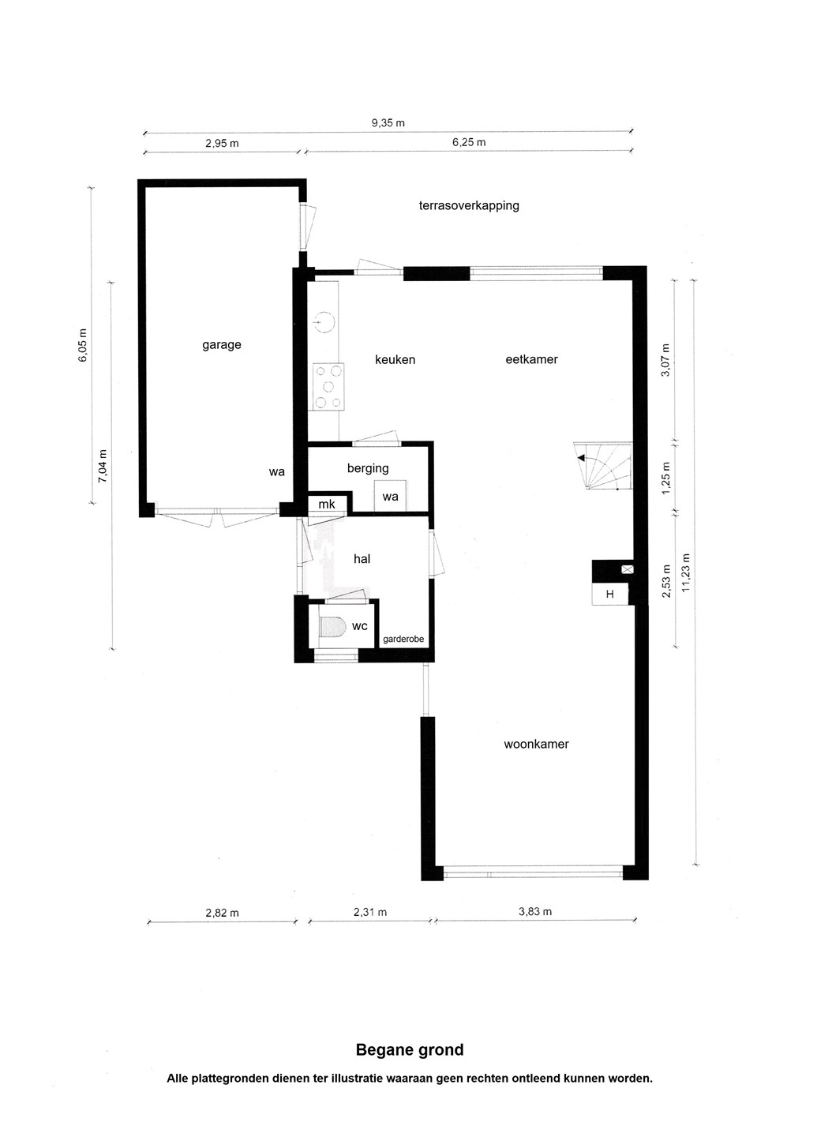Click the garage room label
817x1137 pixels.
[221, 345]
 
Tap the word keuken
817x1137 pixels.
[395, 359]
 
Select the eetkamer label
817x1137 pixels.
[531, 359]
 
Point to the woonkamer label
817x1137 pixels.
[536, 744]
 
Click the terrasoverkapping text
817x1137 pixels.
[469, 205]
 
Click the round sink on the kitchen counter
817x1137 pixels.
[324, 322]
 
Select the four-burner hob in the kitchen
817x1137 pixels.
[328, 387]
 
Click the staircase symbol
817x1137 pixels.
[603, 466]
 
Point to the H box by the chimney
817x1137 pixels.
[610, 594]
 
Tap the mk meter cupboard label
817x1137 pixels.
[327, 504]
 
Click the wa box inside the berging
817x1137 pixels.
[390, 495]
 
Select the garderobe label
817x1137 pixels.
[403, 640]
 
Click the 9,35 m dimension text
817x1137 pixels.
[388, 123]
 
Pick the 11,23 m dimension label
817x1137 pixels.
[687, 572]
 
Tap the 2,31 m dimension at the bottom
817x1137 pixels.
[370, 912]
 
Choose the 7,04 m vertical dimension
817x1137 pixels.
[103, 466]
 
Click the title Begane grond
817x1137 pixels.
[410, 1049]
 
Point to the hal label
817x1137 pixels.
[362, 559]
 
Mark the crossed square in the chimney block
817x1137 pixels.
[628, 569]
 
